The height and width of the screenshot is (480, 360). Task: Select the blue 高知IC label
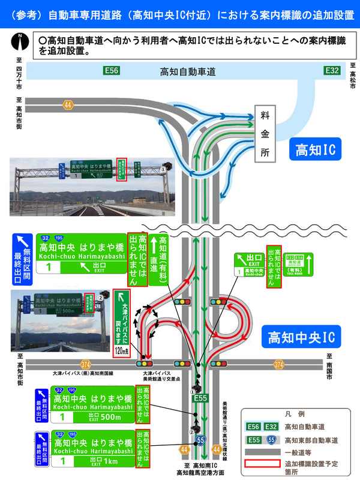[315, 149]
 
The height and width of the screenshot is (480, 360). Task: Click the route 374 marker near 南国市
[278, 364]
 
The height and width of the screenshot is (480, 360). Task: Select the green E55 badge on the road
[200, 398]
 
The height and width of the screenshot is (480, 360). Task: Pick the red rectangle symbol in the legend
[262, 463]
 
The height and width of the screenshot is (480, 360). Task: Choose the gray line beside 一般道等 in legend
[262, 451]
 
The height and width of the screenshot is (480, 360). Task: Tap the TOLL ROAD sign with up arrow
[299, 264]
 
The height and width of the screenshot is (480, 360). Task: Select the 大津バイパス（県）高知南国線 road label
[86, 373]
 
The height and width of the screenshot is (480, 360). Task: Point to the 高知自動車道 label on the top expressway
[188, 71]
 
